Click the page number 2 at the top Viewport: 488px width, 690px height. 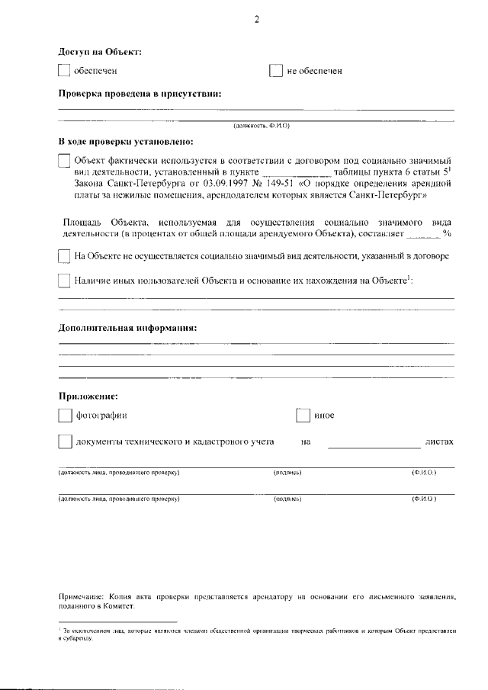[x=256, y=21]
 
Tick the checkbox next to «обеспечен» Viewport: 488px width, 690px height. [x=64, y=71]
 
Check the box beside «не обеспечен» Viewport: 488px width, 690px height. [x=276, y=71]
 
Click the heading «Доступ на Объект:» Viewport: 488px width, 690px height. [x=100, y=51]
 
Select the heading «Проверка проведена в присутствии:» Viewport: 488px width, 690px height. [x=140, y=94]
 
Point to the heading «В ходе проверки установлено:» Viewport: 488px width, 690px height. [x=126, y=142]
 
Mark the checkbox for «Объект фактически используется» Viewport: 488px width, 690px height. [x=64, y=162]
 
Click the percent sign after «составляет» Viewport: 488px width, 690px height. [x=448, y=233]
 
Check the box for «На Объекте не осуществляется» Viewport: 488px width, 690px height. [x=64, y=256]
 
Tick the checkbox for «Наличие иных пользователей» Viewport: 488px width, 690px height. [x=64, y=281]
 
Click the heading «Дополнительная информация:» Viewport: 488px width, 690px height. [x=127, y=328]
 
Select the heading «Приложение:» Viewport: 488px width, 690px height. [x=88, y=396]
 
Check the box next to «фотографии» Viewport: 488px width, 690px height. [x=64, y=416]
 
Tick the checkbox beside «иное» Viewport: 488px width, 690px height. [x=303, y=416]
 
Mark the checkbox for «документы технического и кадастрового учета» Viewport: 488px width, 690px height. [x=64, y=442]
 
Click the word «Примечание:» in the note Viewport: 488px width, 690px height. [x=80, y=597]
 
